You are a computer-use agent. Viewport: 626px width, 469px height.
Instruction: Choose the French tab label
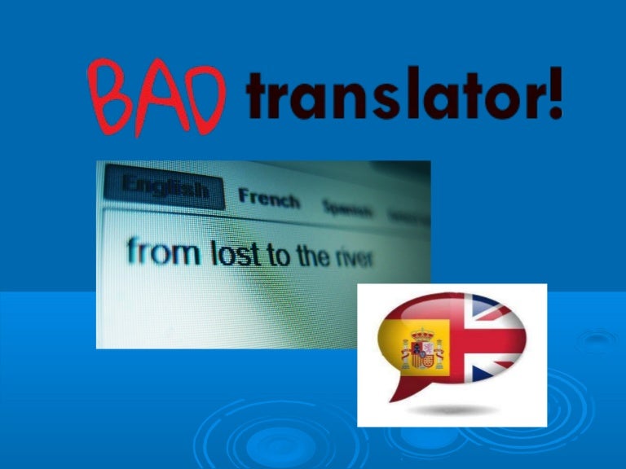(x=268, y=198)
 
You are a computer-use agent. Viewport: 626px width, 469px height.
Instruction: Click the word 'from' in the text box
(x=163, y=252)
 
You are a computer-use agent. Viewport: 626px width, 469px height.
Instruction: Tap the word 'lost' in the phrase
(x=236, y=255)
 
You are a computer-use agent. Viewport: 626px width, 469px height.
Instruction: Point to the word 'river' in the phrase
(x=353, y=258)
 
